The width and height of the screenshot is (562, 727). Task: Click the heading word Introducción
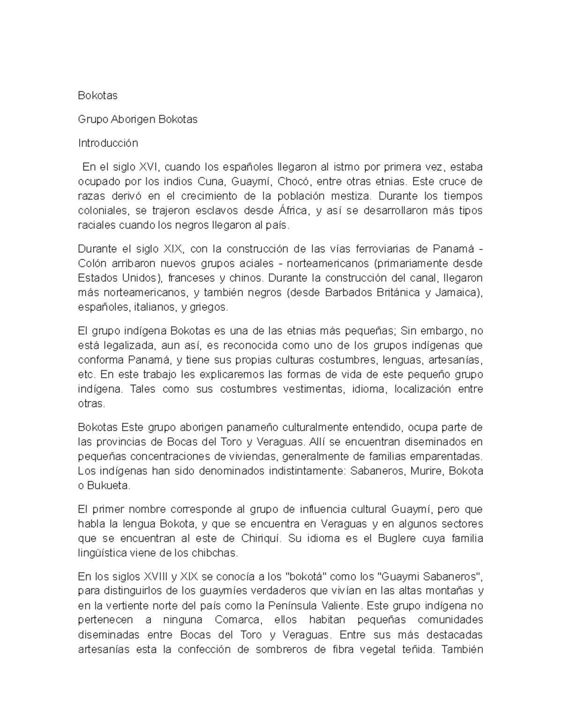tap(108, 143)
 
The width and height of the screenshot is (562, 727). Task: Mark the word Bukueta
tap(108, 486)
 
